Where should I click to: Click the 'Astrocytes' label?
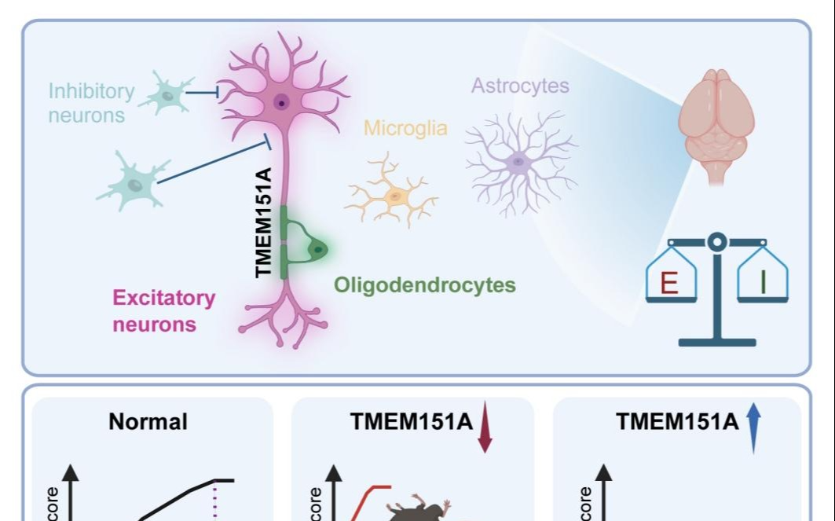tap(520, 85)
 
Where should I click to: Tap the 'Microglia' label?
tap(405, 127)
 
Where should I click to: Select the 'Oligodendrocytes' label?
tap(425, 284)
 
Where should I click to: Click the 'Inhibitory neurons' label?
tap(90, 103)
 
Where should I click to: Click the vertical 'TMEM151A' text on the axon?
tap(265, 228)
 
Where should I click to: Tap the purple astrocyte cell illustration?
tap(518, 162)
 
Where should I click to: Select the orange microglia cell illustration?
tap(391, 192)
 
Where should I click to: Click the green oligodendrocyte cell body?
tap(316, 249)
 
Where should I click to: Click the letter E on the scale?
tap(669, 281)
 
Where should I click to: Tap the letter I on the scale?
tap(762, 281)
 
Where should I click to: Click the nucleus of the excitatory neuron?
tap(280, 101)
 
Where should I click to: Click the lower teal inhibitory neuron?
tap(134, 183)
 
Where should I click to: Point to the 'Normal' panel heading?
tap(148, 422)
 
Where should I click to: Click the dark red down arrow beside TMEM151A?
tap(485, 426)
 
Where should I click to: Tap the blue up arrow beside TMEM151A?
tap(754, 426)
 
